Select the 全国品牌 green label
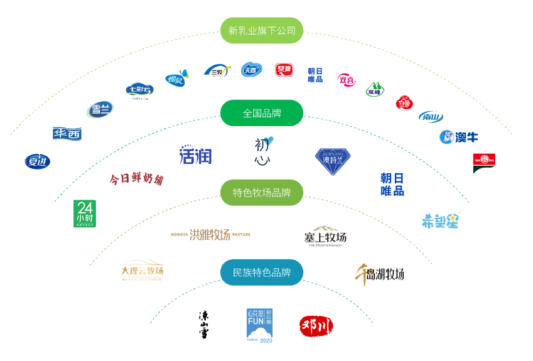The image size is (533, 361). (x=262, y=113)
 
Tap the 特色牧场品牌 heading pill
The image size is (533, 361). (x=262, y=193)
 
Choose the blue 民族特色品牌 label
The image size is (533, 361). (x=262, y=272)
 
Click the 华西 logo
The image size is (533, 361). (x=67, y=134)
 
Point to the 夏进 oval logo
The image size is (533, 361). (x=37, y=161)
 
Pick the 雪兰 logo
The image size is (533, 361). (x=100, y=110)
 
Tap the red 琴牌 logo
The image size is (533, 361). (x=284, y=70)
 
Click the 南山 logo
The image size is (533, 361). (x=431, y=117)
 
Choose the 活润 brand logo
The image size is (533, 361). (x=195, y=154)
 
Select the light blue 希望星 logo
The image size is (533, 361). (x=439, y=220)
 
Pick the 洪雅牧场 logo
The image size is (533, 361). (x=210, y=235)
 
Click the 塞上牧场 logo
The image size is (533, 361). (x=325, y=237)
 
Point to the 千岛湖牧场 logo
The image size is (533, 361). (x=379, y=273)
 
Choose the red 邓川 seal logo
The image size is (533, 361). (x=316, y=325)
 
